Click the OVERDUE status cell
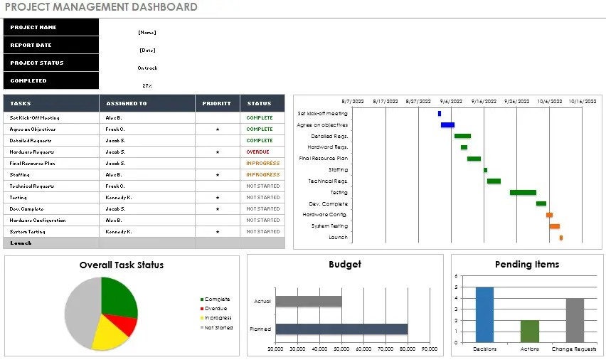(257, 152)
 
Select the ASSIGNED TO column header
(126, 104)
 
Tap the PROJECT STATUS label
(37, 63)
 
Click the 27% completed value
(147, 85)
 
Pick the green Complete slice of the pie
(117, 296)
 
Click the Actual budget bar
(309, 302)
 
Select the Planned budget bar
(341, 329)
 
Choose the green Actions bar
(530, 331)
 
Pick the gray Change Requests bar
(575, 319)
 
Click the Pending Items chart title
(527, 265)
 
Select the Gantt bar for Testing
(523, 193)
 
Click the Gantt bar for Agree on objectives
(447, 125)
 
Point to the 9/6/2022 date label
(451, 102)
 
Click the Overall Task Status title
(122, 265)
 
